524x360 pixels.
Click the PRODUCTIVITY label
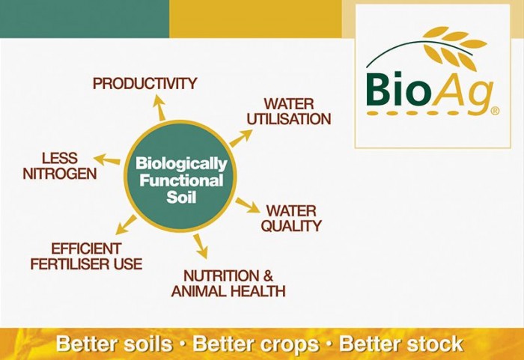(x=144, y=83)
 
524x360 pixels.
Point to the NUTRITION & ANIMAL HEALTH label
(x=228, y=283)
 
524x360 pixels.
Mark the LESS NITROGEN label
(x=59, y=165)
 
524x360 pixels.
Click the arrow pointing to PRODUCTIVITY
(x=159, y=108)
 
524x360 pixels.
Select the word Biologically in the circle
(x=180, y=163)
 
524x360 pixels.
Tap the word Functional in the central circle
(x=179, y=180)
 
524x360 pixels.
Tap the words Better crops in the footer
(x=258, y=344)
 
